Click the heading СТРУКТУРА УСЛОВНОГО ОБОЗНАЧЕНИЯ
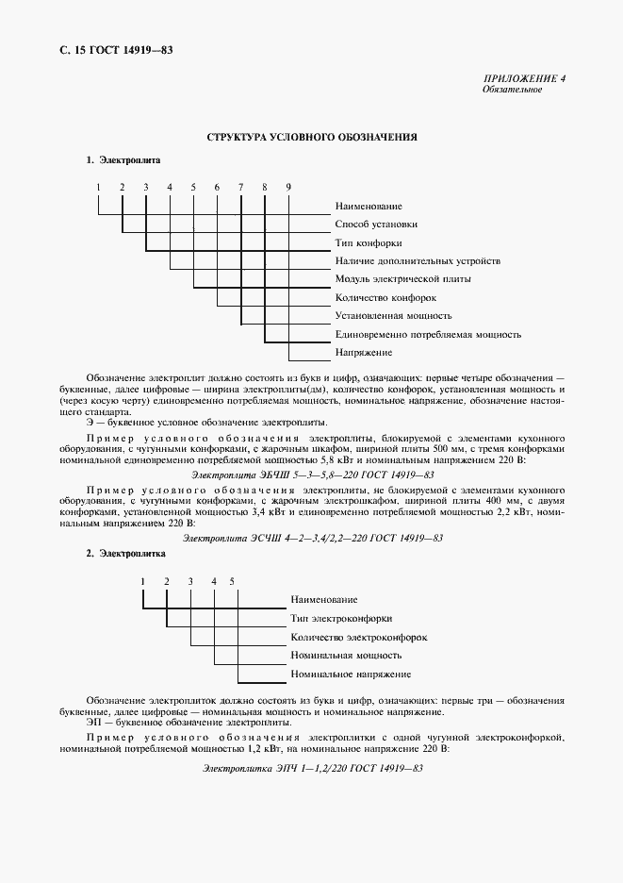[x=312, y=137]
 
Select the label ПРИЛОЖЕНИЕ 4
[x=525, y=78]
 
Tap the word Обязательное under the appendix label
[x=512, y=90]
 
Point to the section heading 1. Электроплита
[x=123, y=160]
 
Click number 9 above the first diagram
[x=288, y=187]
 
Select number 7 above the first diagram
[x=241, y=187]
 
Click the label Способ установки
[x=376, y=225]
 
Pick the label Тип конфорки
[x=369, y=242]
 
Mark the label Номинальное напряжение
[x=351, y=675]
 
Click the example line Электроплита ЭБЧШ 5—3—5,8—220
[x=312, y=475]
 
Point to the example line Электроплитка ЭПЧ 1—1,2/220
[x=312, y=770]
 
